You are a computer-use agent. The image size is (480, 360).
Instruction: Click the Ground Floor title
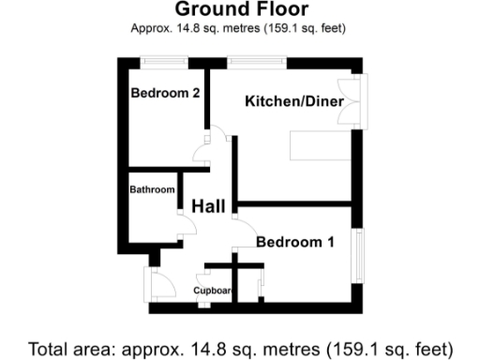[x=240, y=10]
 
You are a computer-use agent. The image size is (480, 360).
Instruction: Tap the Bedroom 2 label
[x=165, y=93]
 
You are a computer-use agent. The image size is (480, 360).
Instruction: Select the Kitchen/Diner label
[x=294, y=100]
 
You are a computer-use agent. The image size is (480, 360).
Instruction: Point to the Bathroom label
[x=152, y=189]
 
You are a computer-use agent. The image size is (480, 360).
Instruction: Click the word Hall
[x=208, y=206]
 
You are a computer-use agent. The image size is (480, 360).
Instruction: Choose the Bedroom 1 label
[x=295, y=242]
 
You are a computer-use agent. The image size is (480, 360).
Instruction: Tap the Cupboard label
[x=213, y=290]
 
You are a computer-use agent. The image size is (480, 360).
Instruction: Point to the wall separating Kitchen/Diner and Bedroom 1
[x=295, y=202]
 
